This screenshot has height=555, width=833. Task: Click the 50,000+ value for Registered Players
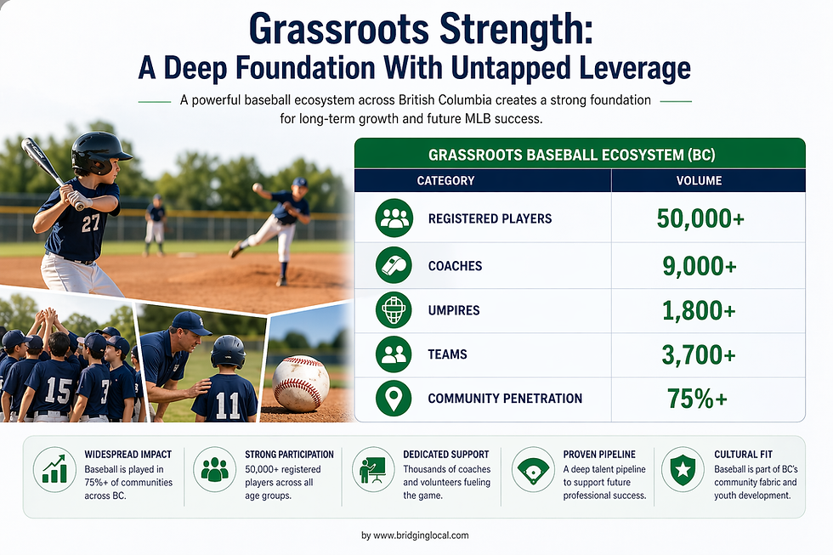pyautogui.click(x=700, y=218)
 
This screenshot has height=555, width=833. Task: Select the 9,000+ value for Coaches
pyautogui.click(x=700, y=266)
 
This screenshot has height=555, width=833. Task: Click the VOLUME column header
pyautogui.click(x=699, y=180)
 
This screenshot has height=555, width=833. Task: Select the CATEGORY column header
pyautogui.click(x=445, y=180)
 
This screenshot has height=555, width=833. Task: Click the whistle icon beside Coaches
pyautogui.click(x=394, y=266)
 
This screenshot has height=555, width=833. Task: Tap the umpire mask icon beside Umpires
pyautogui.click(x=394, y=310)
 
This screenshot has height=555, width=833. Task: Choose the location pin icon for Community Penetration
pyautogui.click(x=394, y=399)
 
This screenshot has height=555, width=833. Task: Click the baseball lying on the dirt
pyautogui.click(x=301, y=383)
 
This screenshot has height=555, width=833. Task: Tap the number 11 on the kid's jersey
pyautogui.click(x=227, y=405)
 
